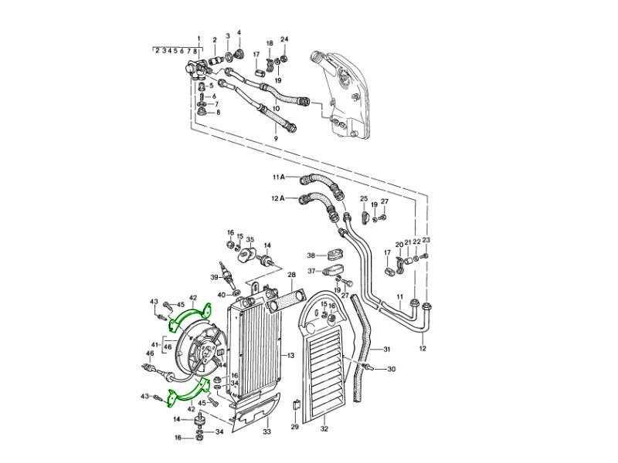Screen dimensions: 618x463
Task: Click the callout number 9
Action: pos(276,139)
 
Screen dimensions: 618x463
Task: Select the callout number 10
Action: pos(276,108)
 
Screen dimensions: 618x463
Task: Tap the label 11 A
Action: pos(278,177)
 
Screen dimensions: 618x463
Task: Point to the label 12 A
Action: pos(278,198)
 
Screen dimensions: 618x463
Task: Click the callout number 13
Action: pos(290,356)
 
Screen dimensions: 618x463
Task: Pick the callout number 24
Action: pos(284,39)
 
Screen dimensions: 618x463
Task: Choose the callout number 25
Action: pos(364,198)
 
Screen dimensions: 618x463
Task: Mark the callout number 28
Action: pos(291,275)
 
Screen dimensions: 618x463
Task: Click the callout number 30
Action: pos(391,370)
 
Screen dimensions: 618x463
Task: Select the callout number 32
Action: pos(324,429)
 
